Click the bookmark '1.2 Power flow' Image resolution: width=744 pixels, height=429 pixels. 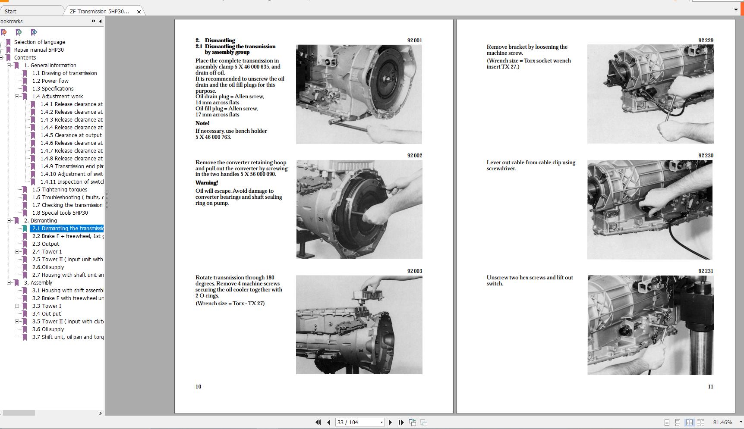click(x=50, y=81)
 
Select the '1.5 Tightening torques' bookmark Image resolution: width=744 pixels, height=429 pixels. click(x=60, y=190)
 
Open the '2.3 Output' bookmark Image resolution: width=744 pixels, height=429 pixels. click(x=45, y=244)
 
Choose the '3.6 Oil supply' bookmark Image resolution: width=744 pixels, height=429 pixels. click(x=48, y=329)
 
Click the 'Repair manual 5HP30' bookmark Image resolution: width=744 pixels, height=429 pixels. click(x=39, y=50)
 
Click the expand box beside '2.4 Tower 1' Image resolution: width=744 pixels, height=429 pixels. click(x=17, y=252)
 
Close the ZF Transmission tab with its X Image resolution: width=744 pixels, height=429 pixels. click(x=139, y=12)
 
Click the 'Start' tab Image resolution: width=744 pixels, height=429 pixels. click(x=11, y=12)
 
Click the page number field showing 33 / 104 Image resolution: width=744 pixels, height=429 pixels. click(x=357, y=423)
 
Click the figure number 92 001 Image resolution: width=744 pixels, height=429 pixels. click(x=414, y=41)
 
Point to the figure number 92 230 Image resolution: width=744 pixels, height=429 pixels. click(x=706, y=156)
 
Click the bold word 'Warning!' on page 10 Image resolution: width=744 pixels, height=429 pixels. click(x=207, y=183)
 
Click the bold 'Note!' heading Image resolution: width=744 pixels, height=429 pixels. click(x=202, y=123)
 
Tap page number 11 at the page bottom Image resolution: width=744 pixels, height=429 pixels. click(x=710, y=387)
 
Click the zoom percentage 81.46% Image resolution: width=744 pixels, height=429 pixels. click(x=722, y=423)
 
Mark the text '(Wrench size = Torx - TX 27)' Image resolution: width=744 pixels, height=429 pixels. click(x=230, y=304)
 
